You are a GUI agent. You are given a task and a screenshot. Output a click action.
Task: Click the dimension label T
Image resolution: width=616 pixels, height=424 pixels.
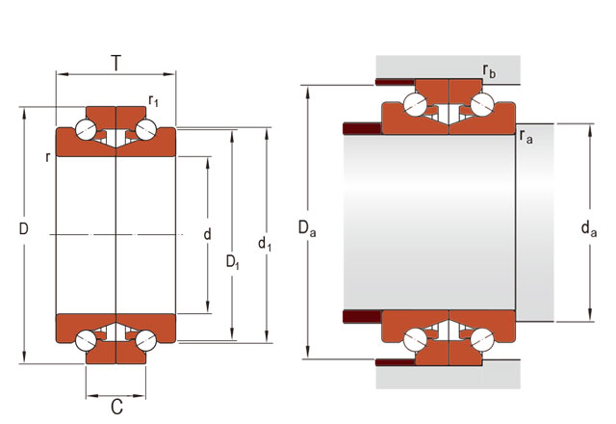point(116,64)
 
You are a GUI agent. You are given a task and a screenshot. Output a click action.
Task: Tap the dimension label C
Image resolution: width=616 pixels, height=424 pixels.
point(116,407)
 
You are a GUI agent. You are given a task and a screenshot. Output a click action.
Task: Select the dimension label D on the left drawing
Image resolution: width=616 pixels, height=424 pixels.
point(24,229)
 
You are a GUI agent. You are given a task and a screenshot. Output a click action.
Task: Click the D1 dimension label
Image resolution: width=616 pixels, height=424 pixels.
point(233,261)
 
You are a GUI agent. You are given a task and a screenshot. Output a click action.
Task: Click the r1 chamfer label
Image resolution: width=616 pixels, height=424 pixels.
point(153,99)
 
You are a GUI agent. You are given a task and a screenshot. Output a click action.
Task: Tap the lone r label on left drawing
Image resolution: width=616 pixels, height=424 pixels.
point(47,156)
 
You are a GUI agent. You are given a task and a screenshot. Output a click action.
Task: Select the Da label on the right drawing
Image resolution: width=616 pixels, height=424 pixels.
point(306,228)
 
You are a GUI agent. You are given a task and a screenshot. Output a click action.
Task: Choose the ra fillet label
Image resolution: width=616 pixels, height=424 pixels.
point(526,137)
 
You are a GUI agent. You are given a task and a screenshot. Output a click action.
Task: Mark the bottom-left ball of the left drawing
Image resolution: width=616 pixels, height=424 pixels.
point(87,338)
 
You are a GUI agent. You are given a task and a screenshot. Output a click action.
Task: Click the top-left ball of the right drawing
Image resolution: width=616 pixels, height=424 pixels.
point(416,106)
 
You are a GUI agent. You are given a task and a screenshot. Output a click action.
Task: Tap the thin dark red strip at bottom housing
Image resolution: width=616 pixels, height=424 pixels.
point(396,362)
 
